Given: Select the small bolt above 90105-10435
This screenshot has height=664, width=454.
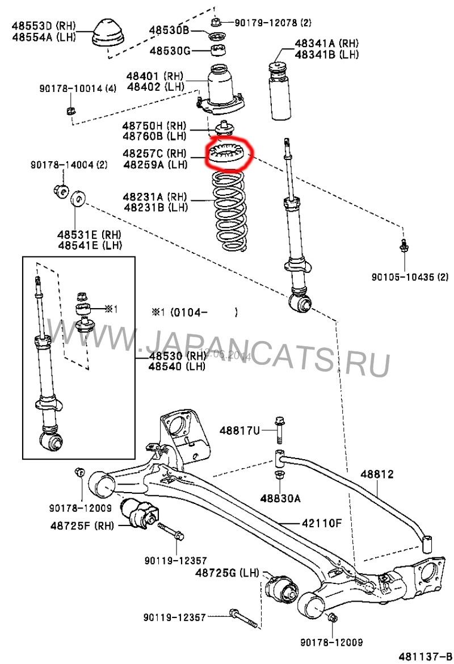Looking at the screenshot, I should tap(403, 245).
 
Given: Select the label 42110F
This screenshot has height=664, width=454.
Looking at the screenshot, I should tap(321, 523).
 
